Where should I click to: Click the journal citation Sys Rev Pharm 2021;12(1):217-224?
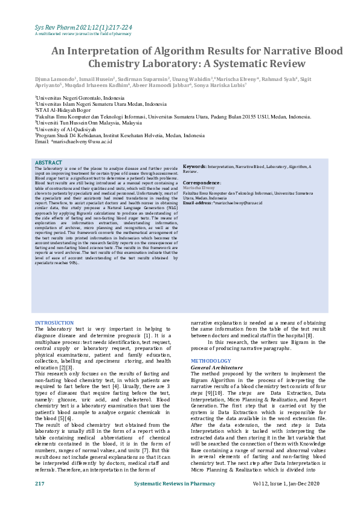(82, 28)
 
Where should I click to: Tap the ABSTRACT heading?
(48, 163)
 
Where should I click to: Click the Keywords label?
(194, 166)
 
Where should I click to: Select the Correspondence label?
(202, 182)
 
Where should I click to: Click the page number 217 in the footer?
(40, 484)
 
